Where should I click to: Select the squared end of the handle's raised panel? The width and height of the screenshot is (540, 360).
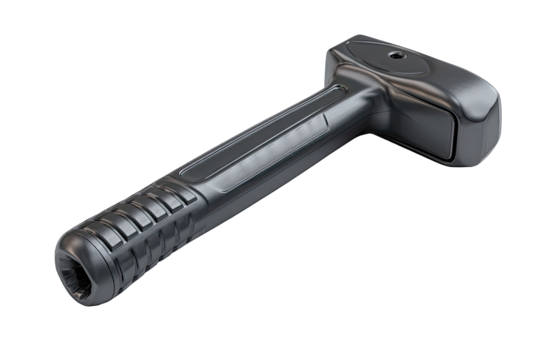(x=325, y=119)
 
